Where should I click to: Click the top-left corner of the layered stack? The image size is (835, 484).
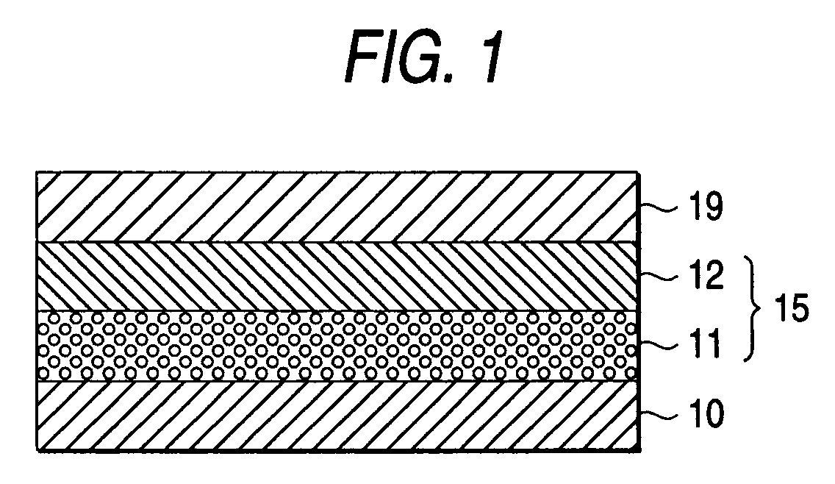[37, 172]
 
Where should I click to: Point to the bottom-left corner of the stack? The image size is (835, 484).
[37, 449]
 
